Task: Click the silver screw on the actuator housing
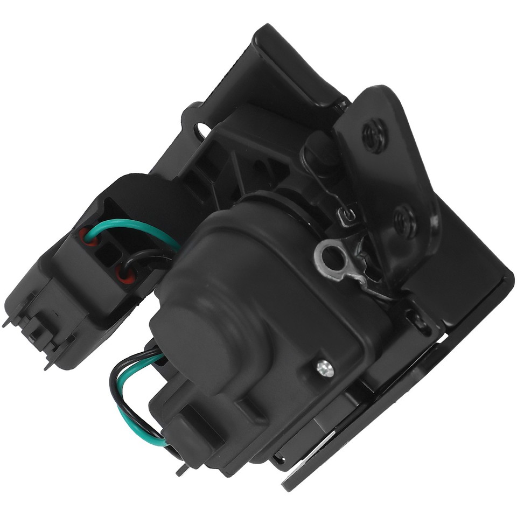[325, 368]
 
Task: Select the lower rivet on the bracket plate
[405, 220]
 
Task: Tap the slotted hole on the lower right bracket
[419, 322]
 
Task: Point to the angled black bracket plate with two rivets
[388, 178]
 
